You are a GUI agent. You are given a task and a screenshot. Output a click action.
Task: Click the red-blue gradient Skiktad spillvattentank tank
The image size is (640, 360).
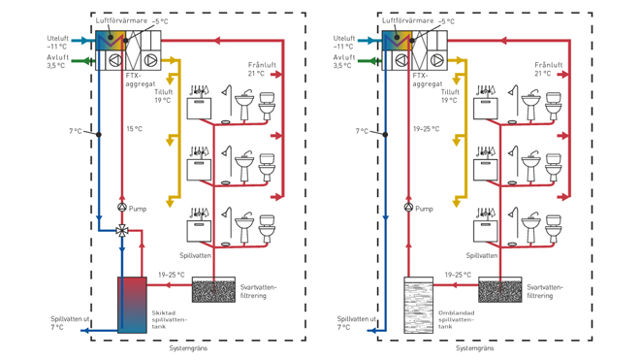(x=132, y=306)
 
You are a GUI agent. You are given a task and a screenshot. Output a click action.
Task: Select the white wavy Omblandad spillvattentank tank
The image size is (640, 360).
(x=418, y=306)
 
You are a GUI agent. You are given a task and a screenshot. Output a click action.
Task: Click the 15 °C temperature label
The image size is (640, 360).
(x=134, y=130)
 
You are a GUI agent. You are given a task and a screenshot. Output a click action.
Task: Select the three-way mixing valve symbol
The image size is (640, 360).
(x=122, y=231)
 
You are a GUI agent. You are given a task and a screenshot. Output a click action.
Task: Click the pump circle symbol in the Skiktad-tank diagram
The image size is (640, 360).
(x=122, y=208)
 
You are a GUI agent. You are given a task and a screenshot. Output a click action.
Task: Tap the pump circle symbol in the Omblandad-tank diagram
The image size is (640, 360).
(x=408, y=208)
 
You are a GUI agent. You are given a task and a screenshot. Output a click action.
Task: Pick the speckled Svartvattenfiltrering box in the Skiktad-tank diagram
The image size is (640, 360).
(x=213, y=289)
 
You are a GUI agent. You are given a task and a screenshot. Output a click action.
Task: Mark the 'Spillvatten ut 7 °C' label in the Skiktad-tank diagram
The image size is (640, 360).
(x=71, y=323)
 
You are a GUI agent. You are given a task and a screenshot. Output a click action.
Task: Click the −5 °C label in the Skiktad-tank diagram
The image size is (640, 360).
(x=160, y=20)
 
